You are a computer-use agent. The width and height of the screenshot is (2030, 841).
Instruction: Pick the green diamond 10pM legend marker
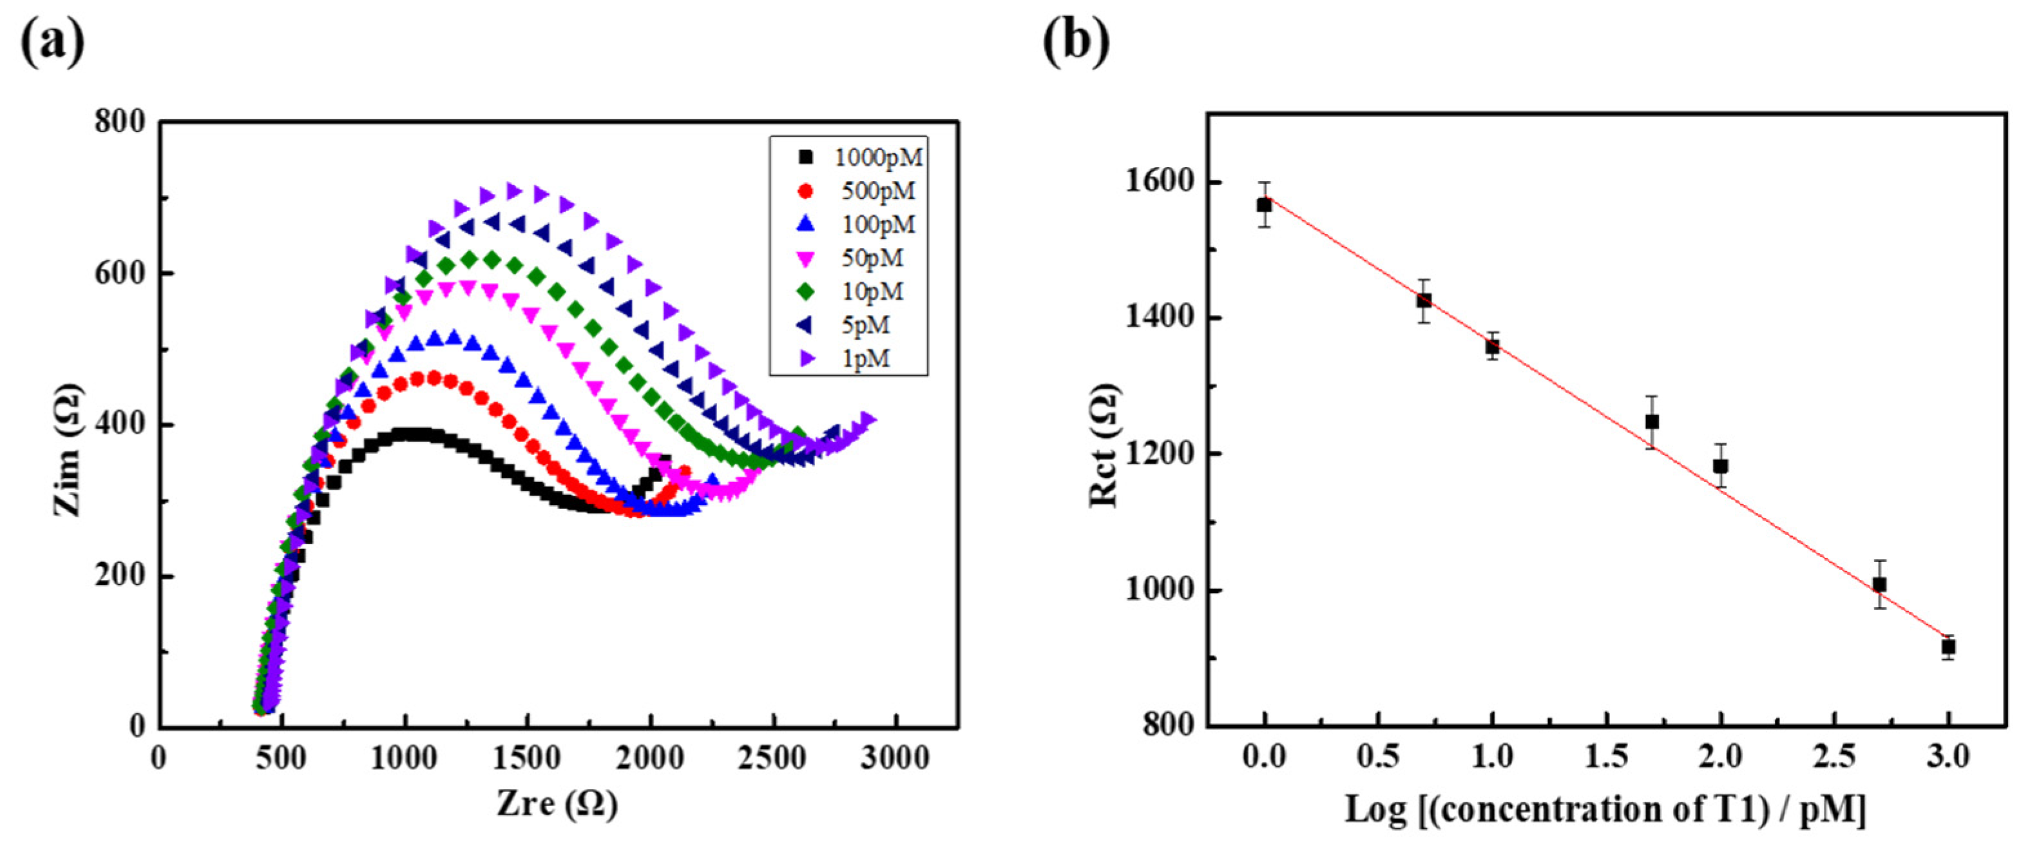tap(806, 292)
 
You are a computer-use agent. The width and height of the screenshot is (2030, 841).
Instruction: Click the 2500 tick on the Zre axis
tap(773, 759)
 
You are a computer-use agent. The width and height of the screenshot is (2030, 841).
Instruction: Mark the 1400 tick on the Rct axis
tap(1158, 318)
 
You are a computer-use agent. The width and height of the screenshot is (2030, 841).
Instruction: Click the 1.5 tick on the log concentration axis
tap(1607, 757)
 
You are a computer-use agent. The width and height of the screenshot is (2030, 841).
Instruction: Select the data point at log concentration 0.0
tap(1265, 205)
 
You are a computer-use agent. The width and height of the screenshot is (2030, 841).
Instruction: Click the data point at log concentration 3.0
tap(1949, 647)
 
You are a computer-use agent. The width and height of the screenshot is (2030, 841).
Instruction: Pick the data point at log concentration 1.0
tap(1493, 346)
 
